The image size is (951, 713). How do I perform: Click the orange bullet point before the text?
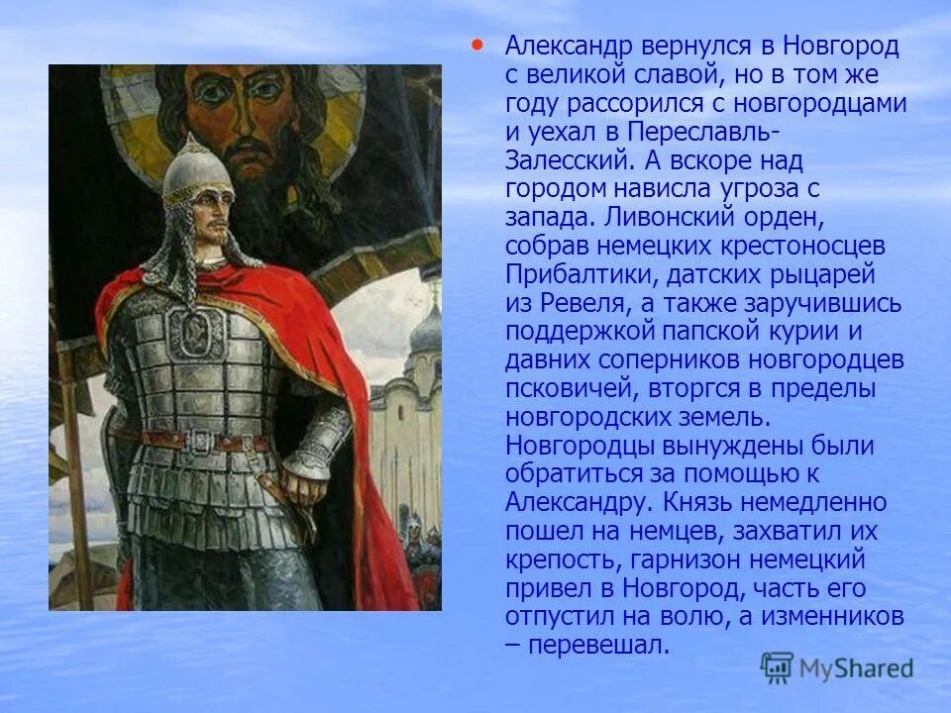pos(477,45)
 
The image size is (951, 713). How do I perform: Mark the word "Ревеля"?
pos(583,303)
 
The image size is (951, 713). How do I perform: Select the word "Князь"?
pos(691,503)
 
